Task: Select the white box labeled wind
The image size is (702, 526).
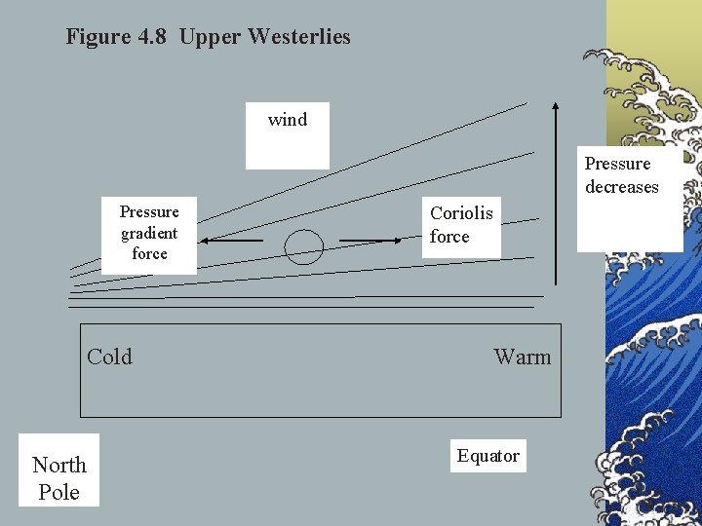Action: [x=288, y=135]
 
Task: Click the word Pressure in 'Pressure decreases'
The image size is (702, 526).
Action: [x=617, y=164]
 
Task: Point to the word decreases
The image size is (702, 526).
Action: [x=622, y=187]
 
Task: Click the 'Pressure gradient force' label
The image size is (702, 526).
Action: [x=149, y=233]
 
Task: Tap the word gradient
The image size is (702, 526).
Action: [x=149, y=233]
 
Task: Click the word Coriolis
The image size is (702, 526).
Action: [x=461, y=213]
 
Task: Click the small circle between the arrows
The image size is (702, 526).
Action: [x=304, y=246]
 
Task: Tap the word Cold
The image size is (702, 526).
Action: [x=109, y=357]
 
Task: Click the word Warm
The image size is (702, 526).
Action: [x=522, y=357]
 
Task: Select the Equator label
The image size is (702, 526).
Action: [x=488, y=456]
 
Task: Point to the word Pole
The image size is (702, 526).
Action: [x=58, y=492]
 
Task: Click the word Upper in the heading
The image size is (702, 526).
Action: [x=210, y=38]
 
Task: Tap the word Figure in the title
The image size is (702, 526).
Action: [x=97, y=38]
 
